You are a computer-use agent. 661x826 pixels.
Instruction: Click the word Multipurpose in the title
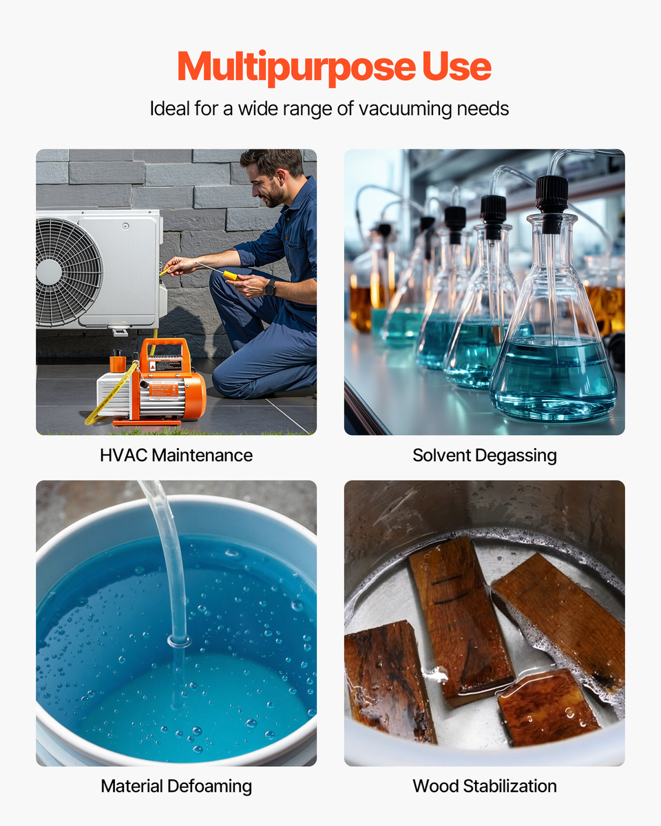[297, 67]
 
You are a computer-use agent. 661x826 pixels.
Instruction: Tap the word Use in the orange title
[457, 66]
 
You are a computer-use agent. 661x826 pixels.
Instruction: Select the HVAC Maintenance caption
[176, 455]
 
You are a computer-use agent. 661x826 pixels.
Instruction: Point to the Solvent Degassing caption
[484, 456]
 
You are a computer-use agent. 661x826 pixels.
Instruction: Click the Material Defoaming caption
[176, 786]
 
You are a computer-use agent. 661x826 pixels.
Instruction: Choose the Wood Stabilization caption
[485, 786]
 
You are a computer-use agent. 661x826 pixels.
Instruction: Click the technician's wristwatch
[271, 287]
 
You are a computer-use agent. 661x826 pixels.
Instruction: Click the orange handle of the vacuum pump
[165, 350]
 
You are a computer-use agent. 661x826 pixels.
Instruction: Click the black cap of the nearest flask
[552, 204]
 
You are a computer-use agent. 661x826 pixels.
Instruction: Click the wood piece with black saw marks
[461, 622]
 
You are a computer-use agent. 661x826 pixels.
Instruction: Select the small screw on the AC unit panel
[125, 226]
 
